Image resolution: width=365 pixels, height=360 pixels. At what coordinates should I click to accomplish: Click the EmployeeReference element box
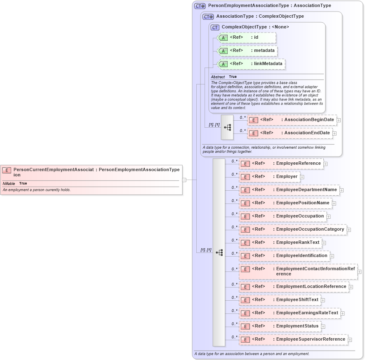281,164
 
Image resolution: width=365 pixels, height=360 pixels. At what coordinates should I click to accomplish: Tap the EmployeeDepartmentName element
289,190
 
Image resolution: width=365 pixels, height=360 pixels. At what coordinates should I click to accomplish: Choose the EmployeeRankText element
280,243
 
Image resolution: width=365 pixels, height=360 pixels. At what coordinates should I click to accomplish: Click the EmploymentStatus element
280,326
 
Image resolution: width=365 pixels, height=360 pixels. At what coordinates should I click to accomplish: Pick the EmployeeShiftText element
280,300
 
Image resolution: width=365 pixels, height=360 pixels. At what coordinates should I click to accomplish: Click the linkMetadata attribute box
251,64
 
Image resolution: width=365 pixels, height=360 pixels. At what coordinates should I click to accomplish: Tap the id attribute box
246,37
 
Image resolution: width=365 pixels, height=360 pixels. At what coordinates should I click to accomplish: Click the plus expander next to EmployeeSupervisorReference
350,340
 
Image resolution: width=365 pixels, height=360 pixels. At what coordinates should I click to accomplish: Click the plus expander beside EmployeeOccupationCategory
349,229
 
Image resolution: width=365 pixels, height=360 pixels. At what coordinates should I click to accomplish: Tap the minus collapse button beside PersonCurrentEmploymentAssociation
184,180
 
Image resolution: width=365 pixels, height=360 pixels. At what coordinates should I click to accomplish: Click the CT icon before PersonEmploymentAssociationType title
200,6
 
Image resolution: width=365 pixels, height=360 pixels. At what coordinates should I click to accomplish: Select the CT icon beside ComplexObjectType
215,27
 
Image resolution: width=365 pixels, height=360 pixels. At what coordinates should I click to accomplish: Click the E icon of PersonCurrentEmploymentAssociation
7,170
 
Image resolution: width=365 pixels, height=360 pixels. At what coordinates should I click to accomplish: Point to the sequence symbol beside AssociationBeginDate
227,127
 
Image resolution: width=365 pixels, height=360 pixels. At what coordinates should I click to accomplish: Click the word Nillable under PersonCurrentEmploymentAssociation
9,183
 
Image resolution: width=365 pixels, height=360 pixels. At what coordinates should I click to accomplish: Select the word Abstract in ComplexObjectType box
218,77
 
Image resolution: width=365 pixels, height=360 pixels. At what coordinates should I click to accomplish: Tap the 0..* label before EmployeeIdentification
234,253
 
